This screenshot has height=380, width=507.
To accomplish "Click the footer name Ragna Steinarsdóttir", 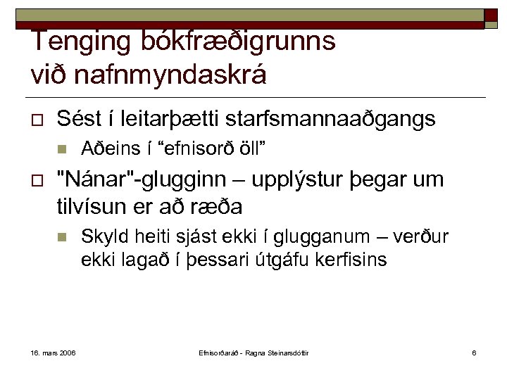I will coord(284,352).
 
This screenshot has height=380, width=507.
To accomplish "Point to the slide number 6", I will coord(474,352).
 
